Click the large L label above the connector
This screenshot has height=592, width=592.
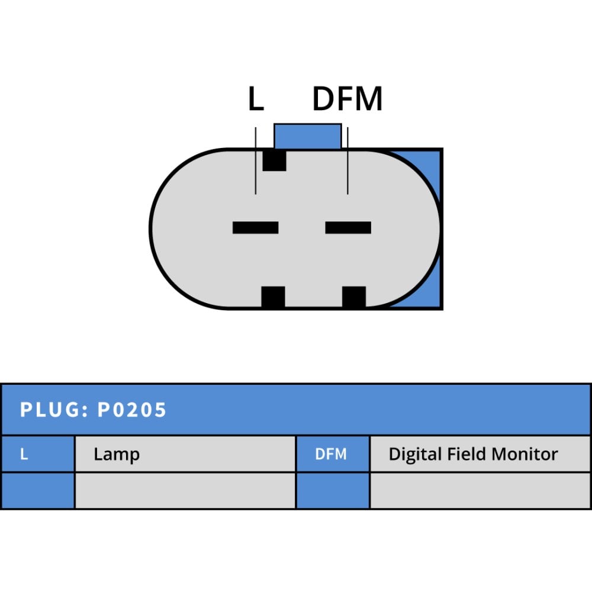(256, 98)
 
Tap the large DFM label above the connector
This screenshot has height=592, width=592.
(348, 98)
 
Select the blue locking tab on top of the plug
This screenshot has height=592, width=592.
(308, 136)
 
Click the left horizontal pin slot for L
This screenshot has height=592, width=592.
(256, 228)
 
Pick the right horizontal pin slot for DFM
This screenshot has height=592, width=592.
(348, 228)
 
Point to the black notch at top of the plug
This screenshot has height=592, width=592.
(275, 160)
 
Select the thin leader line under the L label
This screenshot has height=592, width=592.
(256, 161)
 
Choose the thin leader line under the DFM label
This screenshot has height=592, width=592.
(348, 161)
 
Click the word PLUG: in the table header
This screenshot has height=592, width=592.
(54, 410)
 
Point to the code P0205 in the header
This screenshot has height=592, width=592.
(132, 410)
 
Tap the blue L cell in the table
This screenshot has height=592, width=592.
(38, 454)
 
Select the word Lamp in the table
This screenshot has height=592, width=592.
(117, 454)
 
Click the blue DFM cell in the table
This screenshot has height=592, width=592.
(333, 454)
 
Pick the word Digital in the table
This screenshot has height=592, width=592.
(416, 454)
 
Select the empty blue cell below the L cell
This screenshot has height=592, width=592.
(38, 490)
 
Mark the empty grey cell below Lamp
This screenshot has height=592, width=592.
(185, 490)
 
